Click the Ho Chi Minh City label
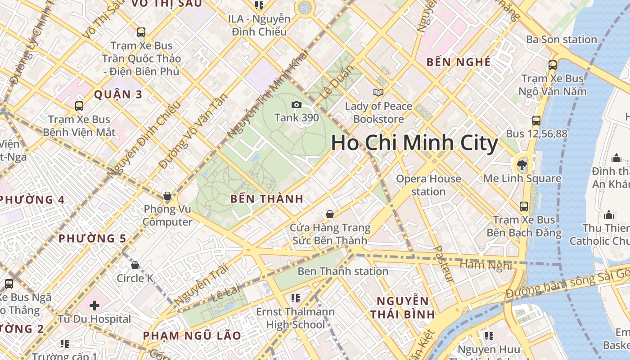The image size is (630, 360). point(414,143)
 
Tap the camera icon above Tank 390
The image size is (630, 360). point(297,105)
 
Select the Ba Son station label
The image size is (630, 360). point(561,40)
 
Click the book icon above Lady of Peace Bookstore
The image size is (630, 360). point(378,92)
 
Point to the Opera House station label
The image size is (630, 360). point(428,185)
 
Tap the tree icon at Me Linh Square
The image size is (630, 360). point(522,164)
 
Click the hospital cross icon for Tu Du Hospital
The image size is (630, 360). point(94,306)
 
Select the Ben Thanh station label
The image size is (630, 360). point(342,271)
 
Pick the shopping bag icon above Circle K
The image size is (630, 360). point(135,265)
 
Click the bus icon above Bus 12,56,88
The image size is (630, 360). point(536,121)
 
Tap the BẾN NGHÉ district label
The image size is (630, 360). point(458,62)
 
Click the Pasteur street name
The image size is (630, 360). point(443,264)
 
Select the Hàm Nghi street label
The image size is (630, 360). point(486,264)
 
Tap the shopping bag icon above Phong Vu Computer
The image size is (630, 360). point(167,196)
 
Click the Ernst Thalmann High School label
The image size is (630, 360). point(295,318)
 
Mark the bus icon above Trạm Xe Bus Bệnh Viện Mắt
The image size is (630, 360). point(79,106)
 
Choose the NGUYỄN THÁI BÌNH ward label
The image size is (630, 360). point(403,307)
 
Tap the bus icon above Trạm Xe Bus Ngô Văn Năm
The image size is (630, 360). point(553,65)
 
